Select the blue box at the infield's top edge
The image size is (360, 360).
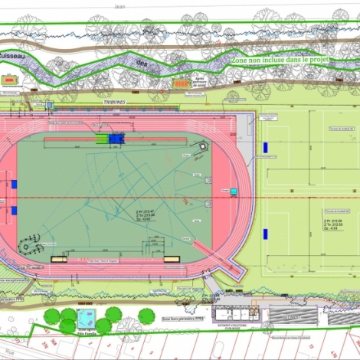[116, 139]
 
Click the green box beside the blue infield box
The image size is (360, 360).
[101, 139]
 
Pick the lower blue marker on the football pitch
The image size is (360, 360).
[265, 232]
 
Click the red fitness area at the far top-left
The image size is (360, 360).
[9, 80]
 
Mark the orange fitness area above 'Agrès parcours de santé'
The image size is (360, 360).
[180, 83]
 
